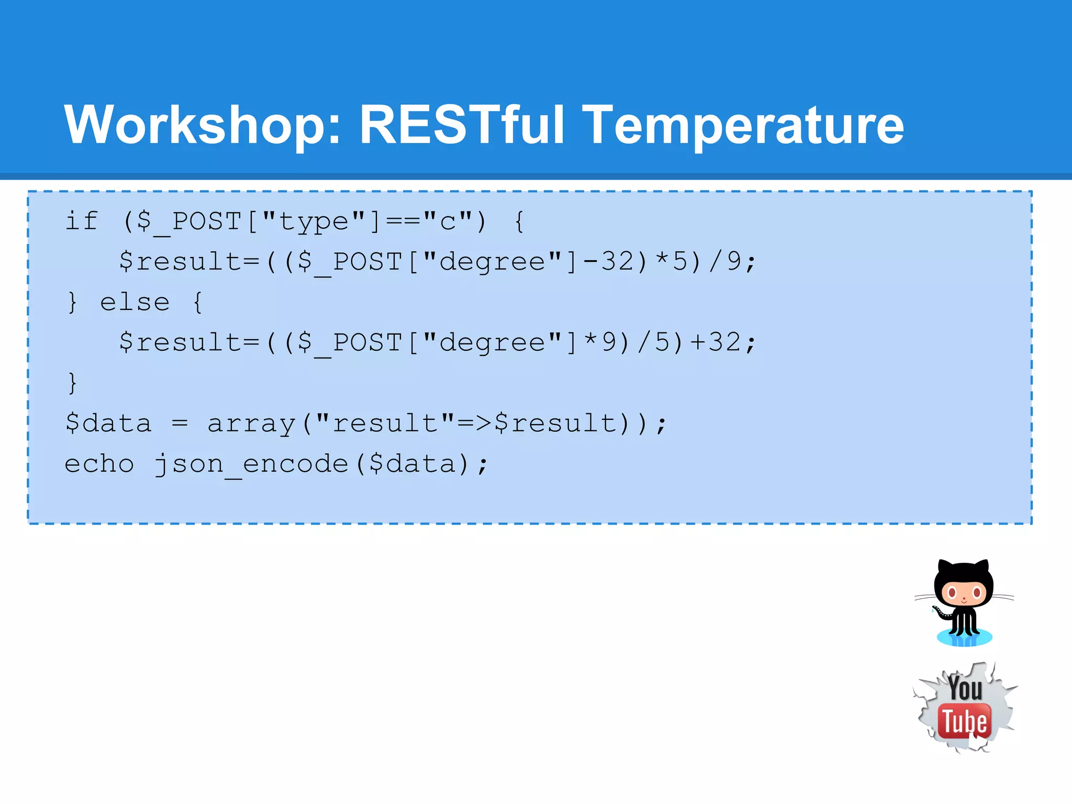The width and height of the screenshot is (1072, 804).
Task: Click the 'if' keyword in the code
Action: (81, 220)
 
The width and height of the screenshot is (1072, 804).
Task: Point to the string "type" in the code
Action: (314, 221)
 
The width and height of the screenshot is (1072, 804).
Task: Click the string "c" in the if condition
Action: (448, 221)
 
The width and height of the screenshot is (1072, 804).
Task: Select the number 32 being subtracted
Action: (618, 261)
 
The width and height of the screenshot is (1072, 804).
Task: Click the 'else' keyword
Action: (135, 302)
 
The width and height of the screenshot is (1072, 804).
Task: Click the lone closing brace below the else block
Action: (72, 383)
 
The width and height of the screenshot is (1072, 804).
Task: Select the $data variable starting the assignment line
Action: (108, 423)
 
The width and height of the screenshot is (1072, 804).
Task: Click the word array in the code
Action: (251, 423)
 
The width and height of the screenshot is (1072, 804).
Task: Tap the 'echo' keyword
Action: (99, 464)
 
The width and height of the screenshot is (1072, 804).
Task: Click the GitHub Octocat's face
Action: (964, 593)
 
